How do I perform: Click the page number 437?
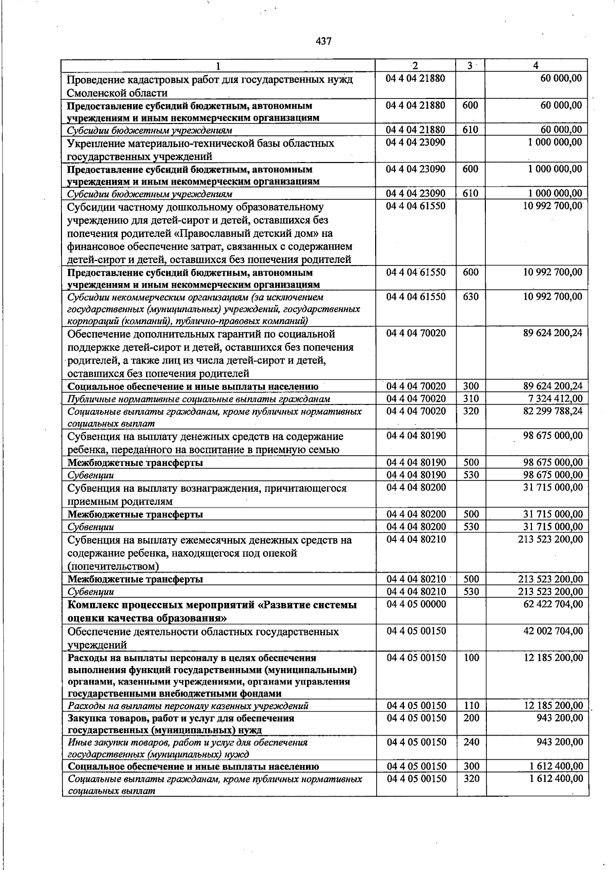[x=324, y=41]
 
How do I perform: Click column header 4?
[x=536, y=66]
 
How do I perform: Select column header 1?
[x=218, y=66]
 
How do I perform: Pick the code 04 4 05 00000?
[x=416, y=604]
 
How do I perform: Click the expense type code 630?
[x=470, y=297]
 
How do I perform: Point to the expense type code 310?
[x=470, y=399]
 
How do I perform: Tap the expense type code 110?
[x=470, y=706]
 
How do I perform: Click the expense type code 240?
[x=470, y=742]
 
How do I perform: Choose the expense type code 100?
[x=470, y=658]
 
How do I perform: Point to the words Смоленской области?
[x=117, y=93]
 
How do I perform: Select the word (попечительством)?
[x=113, y=566]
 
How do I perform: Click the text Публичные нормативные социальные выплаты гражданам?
[x=198, y=399]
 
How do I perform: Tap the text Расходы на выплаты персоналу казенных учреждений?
[x=188, y=706]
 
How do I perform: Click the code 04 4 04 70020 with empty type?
[x=416, y=333]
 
